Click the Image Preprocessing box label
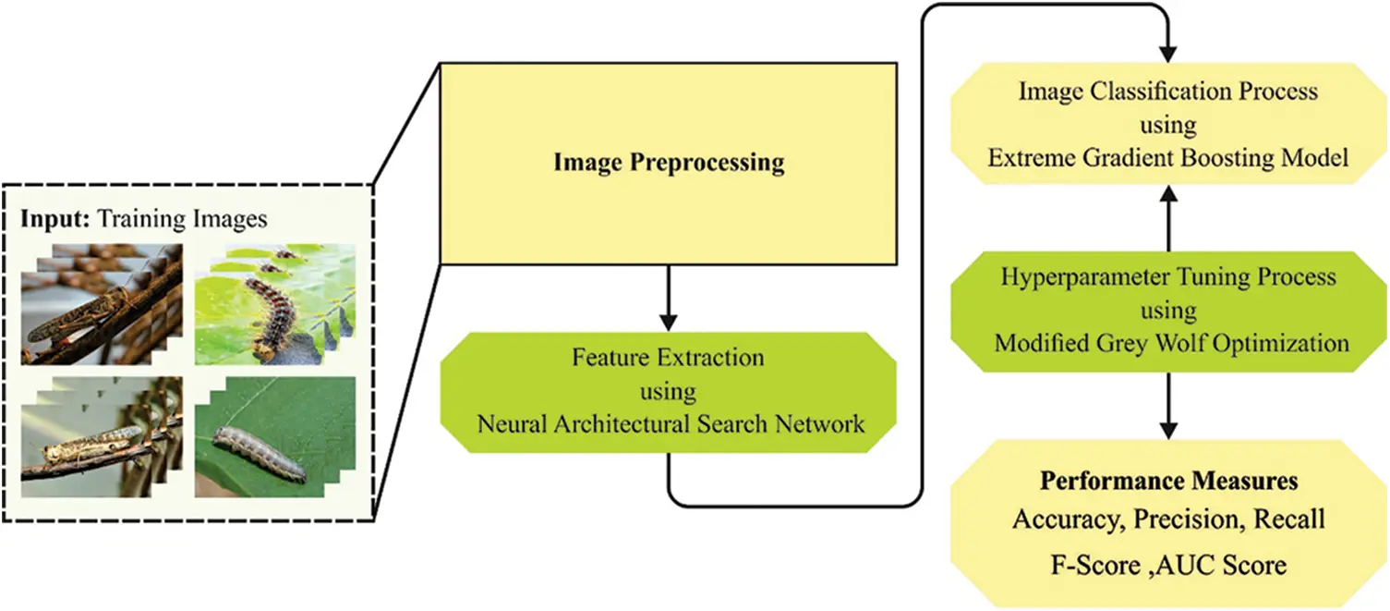point(669,164)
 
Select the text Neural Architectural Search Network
point(671,424)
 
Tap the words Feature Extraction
point(668,357)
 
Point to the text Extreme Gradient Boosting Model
point(1168,158)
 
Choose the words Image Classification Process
point(1168,92)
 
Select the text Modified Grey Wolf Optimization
point(1171,344)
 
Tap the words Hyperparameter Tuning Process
point(1168,277)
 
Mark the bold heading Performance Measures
point(1168,482)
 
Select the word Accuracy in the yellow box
point(1058,519)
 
